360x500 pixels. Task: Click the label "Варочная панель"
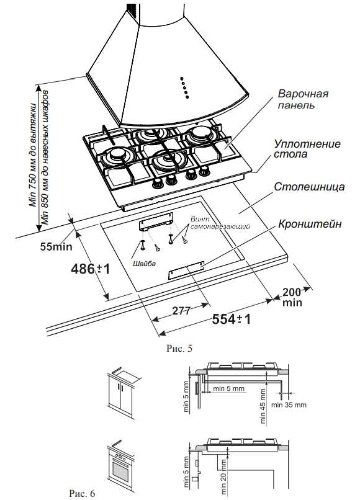pos(303,99)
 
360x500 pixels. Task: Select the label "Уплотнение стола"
pos(307,149)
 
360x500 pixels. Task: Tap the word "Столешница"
pos(309,187)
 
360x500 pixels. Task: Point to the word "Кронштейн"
pos(310,224)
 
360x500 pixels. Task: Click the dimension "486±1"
pos(91,269)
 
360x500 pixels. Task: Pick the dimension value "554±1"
pos(232,319)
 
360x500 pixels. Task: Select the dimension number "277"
pos(181,311)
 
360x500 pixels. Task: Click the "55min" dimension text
pos(56,246)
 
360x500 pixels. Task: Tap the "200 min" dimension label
pos(292,297)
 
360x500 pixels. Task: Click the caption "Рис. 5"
pos(179,348)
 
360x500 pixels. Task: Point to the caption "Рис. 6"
pos(82,493)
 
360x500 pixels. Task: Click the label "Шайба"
pos(144,264)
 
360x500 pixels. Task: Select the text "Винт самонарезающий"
pos(220,223)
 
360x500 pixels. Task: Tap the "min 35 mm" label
pos(289,405)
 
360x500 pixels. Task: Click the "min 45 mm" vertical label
pos(263,406)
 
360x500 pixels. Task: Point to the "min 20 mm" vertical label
pos(223,477)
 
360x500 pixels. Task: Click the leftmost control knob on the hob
pos(158,184)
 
